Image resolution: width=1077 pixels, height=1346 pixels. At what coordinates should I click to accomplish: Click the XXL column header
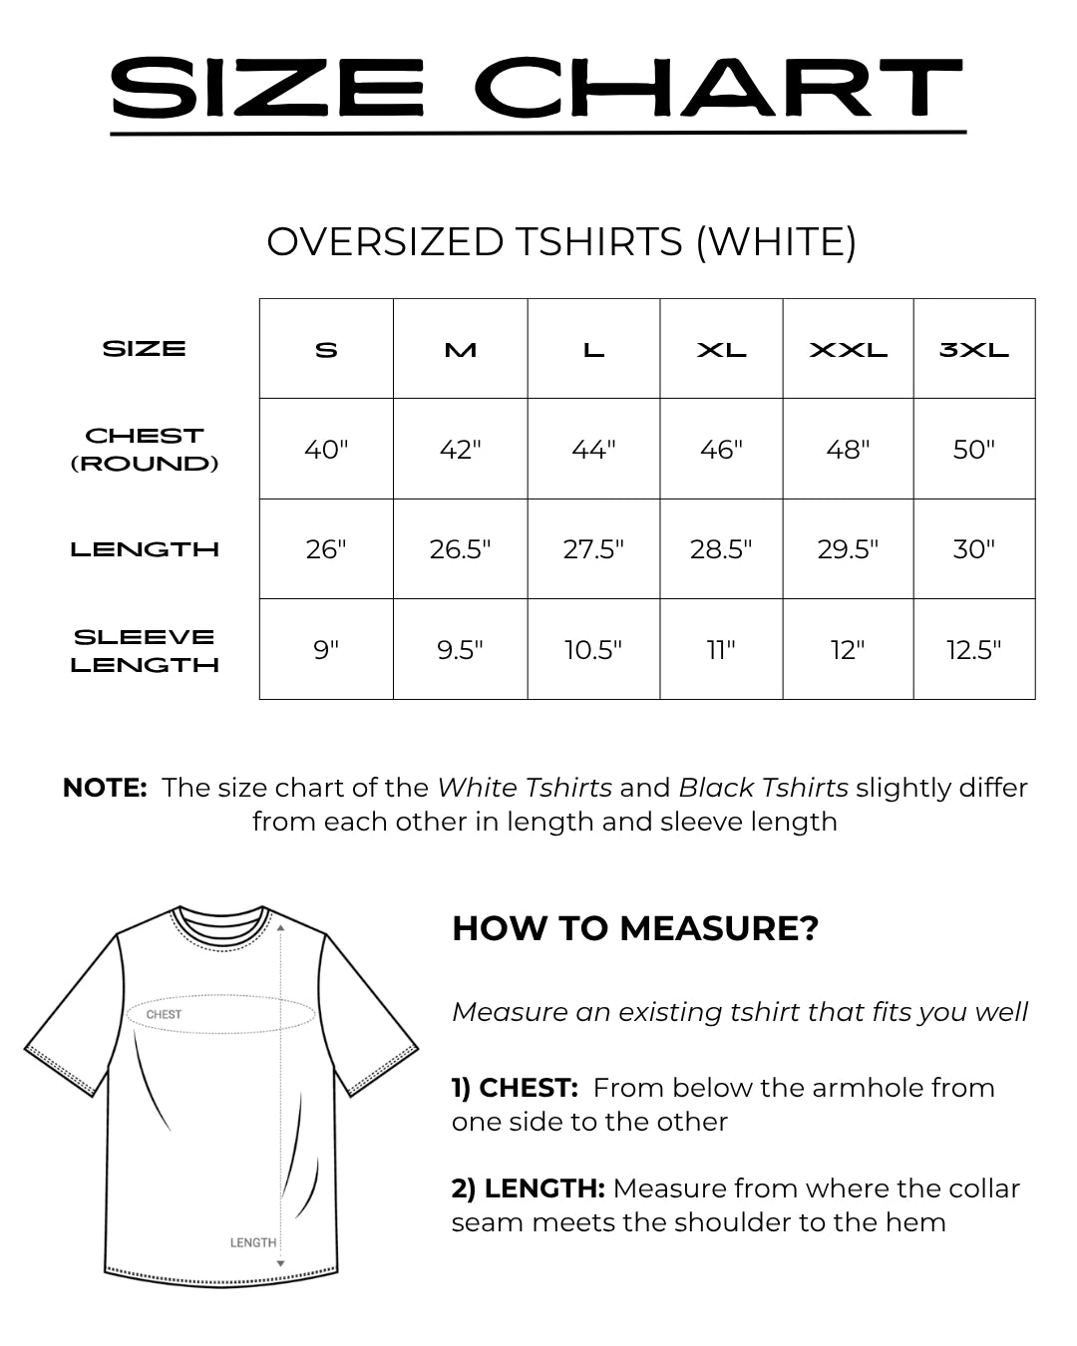tap(848, 350)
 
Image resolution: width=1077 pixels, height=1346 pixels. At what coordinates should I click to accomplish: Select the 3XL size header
tap(974, 350)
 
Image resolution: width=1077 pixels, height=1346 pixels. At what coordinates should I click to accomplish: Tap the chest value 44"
tap(593, 450)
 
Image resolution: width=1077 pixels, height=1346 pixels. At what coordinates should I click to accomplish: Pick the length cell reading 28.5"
tap(721, 549)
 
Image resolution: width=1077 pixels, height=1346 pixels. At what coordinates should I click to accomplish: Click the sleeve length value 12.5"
tap(974, 650)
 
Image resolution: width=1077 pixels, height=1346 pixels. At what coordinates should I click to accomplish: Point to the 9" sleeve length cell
tap(326, 650)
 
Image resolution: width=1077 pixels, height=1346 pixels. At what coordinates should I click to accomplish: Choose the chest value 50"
tap(974, 450)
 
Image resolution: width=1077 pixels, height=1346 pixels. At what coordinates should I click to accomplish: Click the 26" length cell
tap(326, 549)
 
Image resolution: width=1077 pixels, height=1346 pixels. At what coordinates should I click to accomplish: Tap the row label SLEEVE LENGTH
tap(145, 650)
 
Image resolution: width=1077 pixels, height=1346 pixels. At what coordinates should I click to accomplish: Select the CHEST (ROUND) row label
tap(145, 450)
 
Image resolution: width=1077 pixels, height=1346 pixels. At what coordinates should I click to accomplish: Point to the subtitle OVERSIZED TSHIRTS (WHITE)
tap(561, 242)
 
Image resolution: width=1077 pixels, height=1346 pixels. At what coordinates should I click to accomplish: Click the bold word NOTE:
tap(105, 788)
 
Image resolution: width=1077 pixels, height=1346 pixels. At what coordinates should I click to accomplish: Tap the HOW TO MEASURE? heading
tap(635, 928)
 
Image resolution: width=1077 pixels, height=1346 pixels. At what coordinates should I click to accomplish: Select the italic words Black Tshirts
tap(763, 788)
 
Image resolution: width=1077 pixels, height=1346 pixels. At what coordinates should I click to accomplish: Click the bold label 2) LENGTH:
tap(528, 1188)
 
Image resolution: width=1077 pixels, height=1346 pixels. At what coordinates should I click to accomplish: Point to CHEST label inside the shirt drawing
tap(164, 1015)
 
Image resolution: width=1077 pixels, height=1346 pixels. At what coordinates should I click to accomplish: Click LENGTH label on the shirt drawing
tap(253, 1242)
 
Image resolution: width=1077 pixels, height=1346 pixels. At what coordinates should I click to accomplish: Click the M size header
tap(460, 350)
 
